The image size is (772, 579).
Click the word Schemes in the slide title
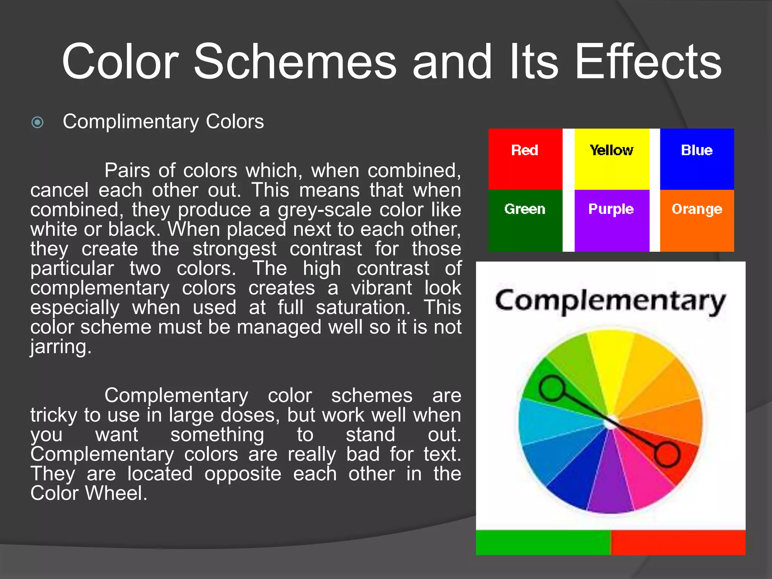(x=295, y=62)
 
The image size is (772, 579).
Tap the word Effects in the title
(x=648, y=62)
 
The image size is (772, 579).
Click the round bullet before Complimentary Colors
(x=38, y=123)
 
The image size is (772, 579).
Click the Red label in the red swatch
(x=524, y=150)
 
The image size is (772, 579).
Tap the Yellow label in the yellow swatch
(x=611, y=150)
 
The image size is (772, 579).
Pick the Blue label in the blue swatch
(x=697, y=150)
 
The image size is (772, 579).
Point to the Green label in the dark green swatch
(x=525, y=209)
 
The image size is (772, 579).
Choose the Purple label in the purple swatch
(x=611, y=209)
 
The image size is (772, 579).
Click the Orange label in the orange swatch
(x=697, y=209)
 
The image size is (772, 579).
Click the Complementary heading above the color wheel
(x=610, y=302)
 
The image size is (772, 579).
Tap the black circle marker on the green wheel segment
(x=552, y=388)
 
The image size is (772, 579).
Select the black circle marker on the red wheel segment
(x=667, y=455)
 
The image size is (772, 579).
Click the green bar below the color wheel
(x=543, y=542)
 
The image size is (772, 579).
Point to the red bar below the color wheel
(x=678, y=542)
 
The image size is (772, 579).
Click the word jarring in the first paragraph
(x=60, y=347)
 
